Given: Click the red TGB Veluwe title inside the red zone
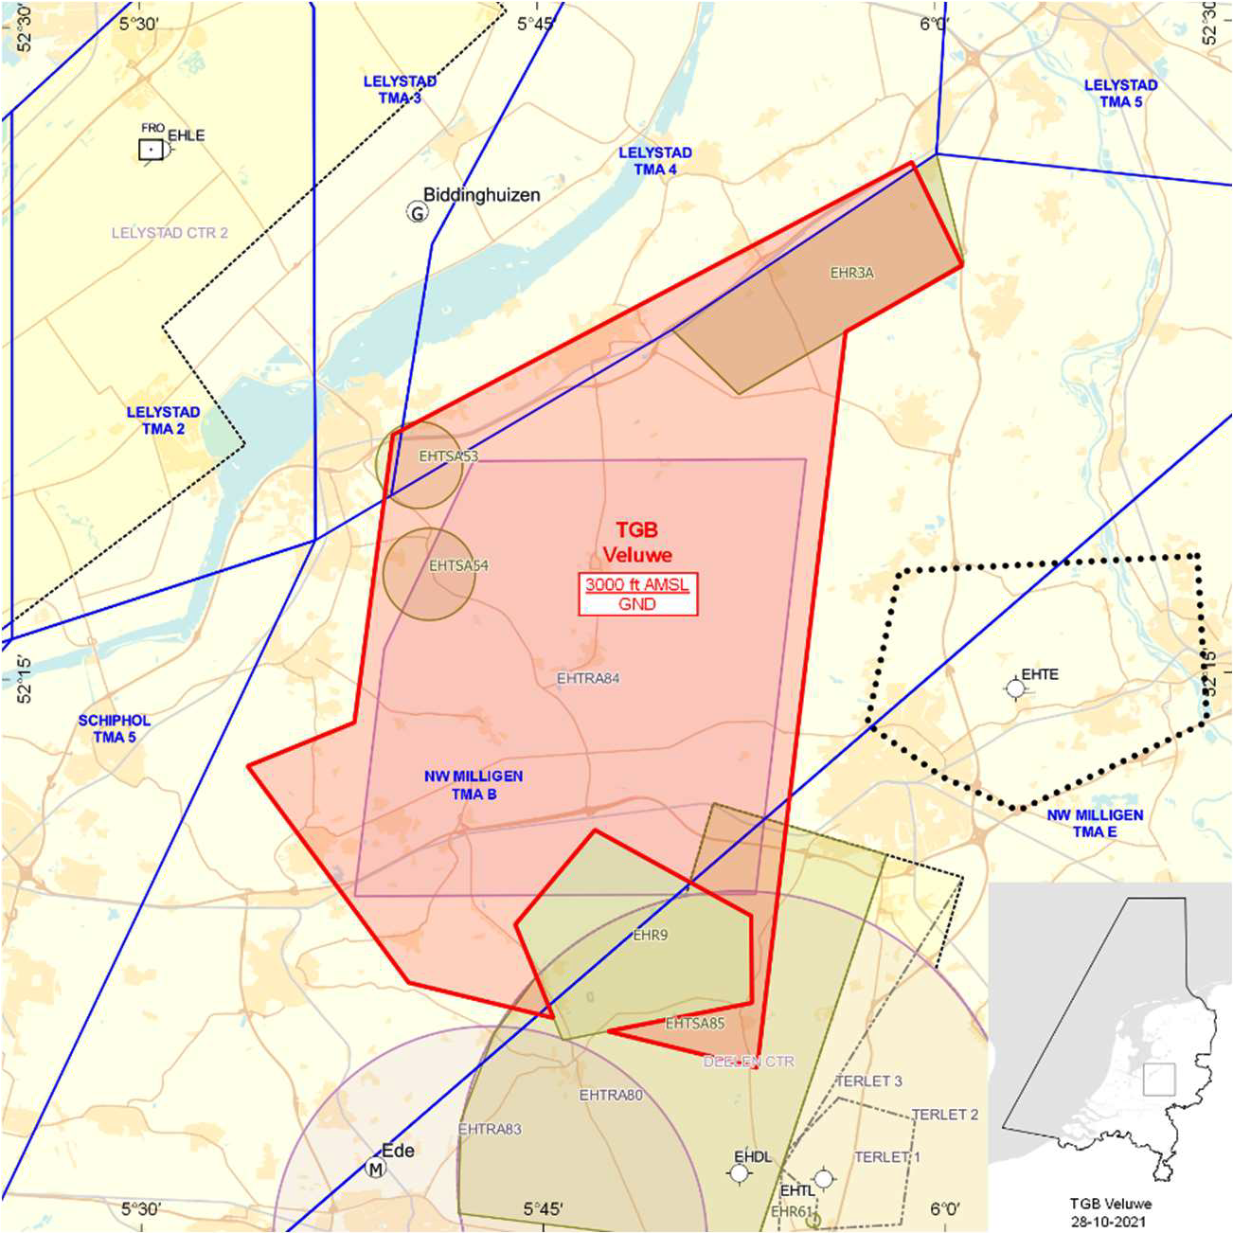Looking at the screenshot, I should (x=636, y=543).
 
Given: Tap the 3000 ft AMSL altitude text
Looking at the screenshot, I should (x=637, y=584).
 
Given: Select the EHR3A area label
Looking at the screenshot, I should (x=851, y=274).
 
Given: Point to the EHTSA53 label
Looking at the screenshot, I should (x=448, y=456).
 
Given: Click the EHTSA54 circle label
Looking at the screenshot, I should (x=458, y=566).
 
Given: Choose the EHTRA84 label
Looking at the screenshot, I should (x=588, y=679).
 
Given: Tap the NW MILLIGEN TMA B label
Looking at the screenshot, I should (x=474, y=785).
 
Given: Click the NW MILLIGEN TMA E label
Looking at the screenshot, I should (x=1095, y=823).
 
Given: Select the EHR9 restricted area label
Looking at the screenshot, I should (x=651, y=936).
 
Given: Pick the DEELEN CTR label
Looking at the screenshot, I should (x=748, y=1063).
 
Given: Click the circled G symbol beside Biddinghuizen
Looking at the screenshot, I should (x=417, y=212).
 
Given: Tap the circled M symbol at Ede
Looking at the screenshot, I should (x=376, y=1169).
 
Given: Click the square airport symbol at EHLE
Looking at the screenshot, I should (x=151, y=150).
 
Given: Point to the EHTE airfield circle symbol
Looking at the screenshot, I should (x=1015, y=688).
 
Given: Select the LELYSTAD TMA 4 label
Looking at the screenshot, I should (x=654, y=161).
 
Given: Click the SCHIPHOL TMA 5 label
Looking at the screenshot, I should (x=114, y=728).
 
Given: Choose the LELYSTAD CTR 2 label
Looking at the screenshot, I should (x=170, y=233).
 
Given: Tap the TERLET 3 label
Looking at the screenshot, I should (x=868, y=1081).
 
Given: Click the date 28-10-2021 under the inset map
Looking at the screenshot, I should (x=1110, y=1221).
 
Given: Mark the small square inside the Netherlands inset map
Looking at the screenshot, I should (x=1158, y=1080).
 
